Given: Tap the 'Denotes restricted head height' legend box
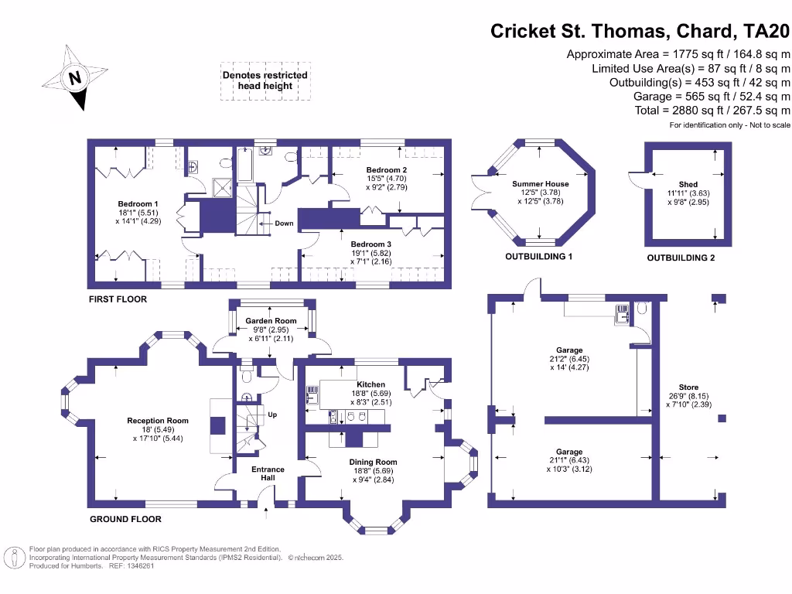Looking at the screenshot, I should point(265,80).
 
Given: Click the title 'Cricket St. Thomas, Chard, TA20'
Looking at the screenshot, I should point(641,32).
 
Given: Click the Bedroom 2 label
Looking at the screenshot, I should point(387,170).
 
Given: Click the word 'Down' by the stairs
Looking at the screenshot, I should point(284,224).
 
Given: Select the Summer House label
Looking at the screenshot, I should point(540,184).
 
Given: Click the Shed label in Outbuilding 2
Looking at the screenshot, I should point(688,184).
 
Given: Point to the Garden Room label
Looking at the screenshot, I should point(271,320).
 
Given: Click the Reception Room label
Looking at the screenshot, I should point(158,421).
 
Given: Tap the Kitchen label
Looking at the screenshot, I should point(370,384).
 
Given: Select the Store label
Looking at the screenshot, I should point(688,387).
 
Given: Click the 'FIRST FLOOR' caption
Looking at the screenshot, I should point(118,299).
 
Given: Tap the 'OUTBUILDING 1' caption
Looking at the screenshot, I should point(538,257).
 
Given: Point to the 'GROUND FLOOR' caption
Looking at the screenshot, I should point(125,519).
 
